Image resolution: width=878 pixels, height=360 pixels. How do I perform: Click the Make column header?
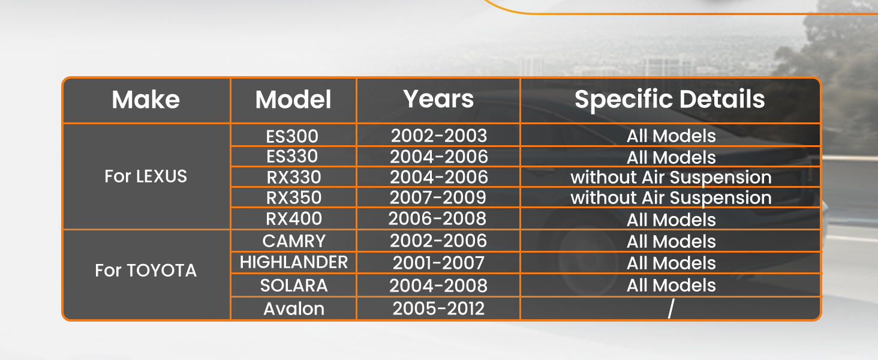click(146, 100)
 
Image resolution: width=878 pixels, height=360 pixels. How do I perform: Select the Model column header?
click(293, 100)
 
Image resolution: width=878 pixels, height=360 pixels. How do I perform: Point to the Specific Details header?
click(670, 100)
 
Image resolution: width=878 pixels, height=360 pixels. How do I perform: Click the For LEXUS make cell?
click(146, 176)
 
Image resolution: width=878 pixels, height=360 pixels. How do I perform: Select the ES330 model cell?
click(293, 157)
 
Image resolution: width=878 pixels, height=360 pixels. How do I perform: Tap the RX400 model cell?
click(294, 218)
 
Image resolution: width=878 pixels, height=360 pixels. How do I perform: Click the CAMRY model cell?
click(294, 241)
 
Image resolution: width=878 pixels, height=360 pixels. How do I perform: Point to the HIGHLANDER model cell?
click(294, 262)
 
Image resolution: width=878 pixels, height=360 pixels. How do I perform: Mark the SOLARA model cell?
click(294, 285)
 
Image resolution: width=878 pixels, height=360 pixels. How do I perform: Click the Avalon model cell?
click(294, 308)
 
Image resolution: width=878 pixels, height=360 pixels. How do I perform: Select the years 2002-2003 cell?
click(439, 136)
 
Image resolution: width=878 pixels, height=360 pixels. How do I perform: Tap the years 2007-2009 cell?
click(438, 197)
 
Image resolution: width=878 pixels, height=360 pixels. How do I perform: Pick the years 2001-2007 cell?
click(438, 263)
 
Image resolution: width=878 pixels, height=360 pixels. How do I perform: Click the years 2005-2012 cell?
click(438, 308)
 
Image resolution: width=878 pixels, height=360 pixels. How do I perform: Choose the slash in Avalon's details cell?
click(670, 308)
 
